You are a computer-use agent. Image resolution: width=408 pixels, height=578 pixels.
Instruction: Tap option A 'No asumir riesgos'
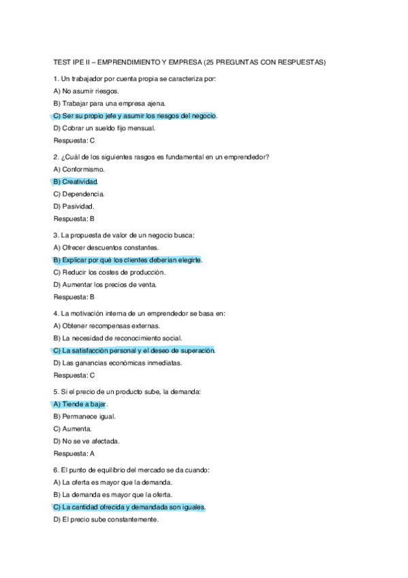tap(86, 91)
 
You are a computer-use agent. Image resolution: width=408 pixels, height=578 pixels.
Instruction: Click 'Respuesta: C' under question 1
tap(74, 140)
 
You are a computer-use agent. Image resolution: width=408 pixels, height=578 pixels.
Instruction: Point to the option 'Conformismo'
tap(80, 169)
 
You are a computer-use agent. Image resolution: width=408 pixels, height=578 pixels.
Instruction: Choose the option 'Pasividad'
tap(74, 206)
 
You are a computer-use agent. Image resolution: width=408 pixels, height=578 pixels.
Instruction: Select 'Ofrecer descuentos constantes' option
tap(106, 247)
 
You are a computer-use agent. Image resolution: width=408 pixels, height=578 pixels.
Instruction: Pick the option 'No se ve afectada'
tap(86, 441)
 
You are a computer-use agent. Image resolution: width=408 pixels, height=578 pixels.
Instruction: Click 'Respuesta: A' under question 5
tap(74, 453)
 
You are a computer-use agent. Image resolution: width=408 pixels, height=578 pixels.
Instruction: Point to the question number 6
tap(55, 470)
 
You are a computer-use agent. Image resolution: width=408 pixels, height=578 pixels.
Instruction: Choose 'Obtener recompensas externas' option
tap(105, 326)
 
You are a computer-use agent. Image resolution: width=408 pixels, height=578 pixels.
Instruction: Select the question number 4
tap(55, 314)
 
